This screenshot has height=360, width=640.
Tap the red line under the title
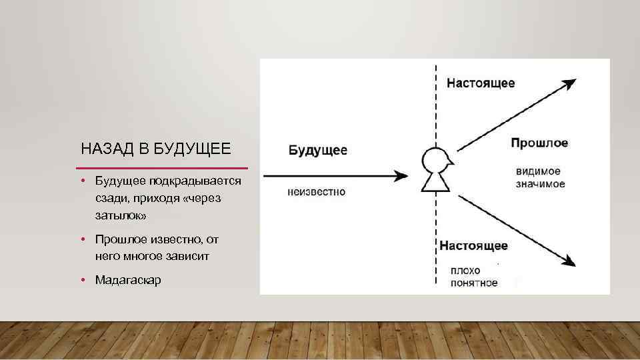(x=162, y=168)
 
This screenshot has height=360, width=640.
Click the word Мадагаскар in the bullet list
(x=128, y=280)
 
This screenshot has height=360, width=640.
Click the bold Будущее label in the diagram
(x=318, y=150)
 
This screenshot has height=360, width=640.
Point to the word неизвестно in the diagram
(x=317, y=192)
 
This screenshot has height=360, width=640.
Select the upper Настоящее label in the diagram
(x=480, y=83)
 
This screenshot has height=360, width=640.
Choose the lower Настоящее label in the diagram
(x=473, y=245)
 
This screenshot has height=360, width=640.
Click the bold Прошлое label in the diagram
(x=539, y=143)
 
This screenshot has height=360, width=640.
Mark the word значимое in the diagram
(x=540, y=183)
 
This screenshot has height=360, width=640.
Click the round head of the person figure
(x=435, y=161)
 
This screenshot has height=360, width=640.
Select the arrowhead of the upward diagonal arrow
(x=568, y=84)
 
